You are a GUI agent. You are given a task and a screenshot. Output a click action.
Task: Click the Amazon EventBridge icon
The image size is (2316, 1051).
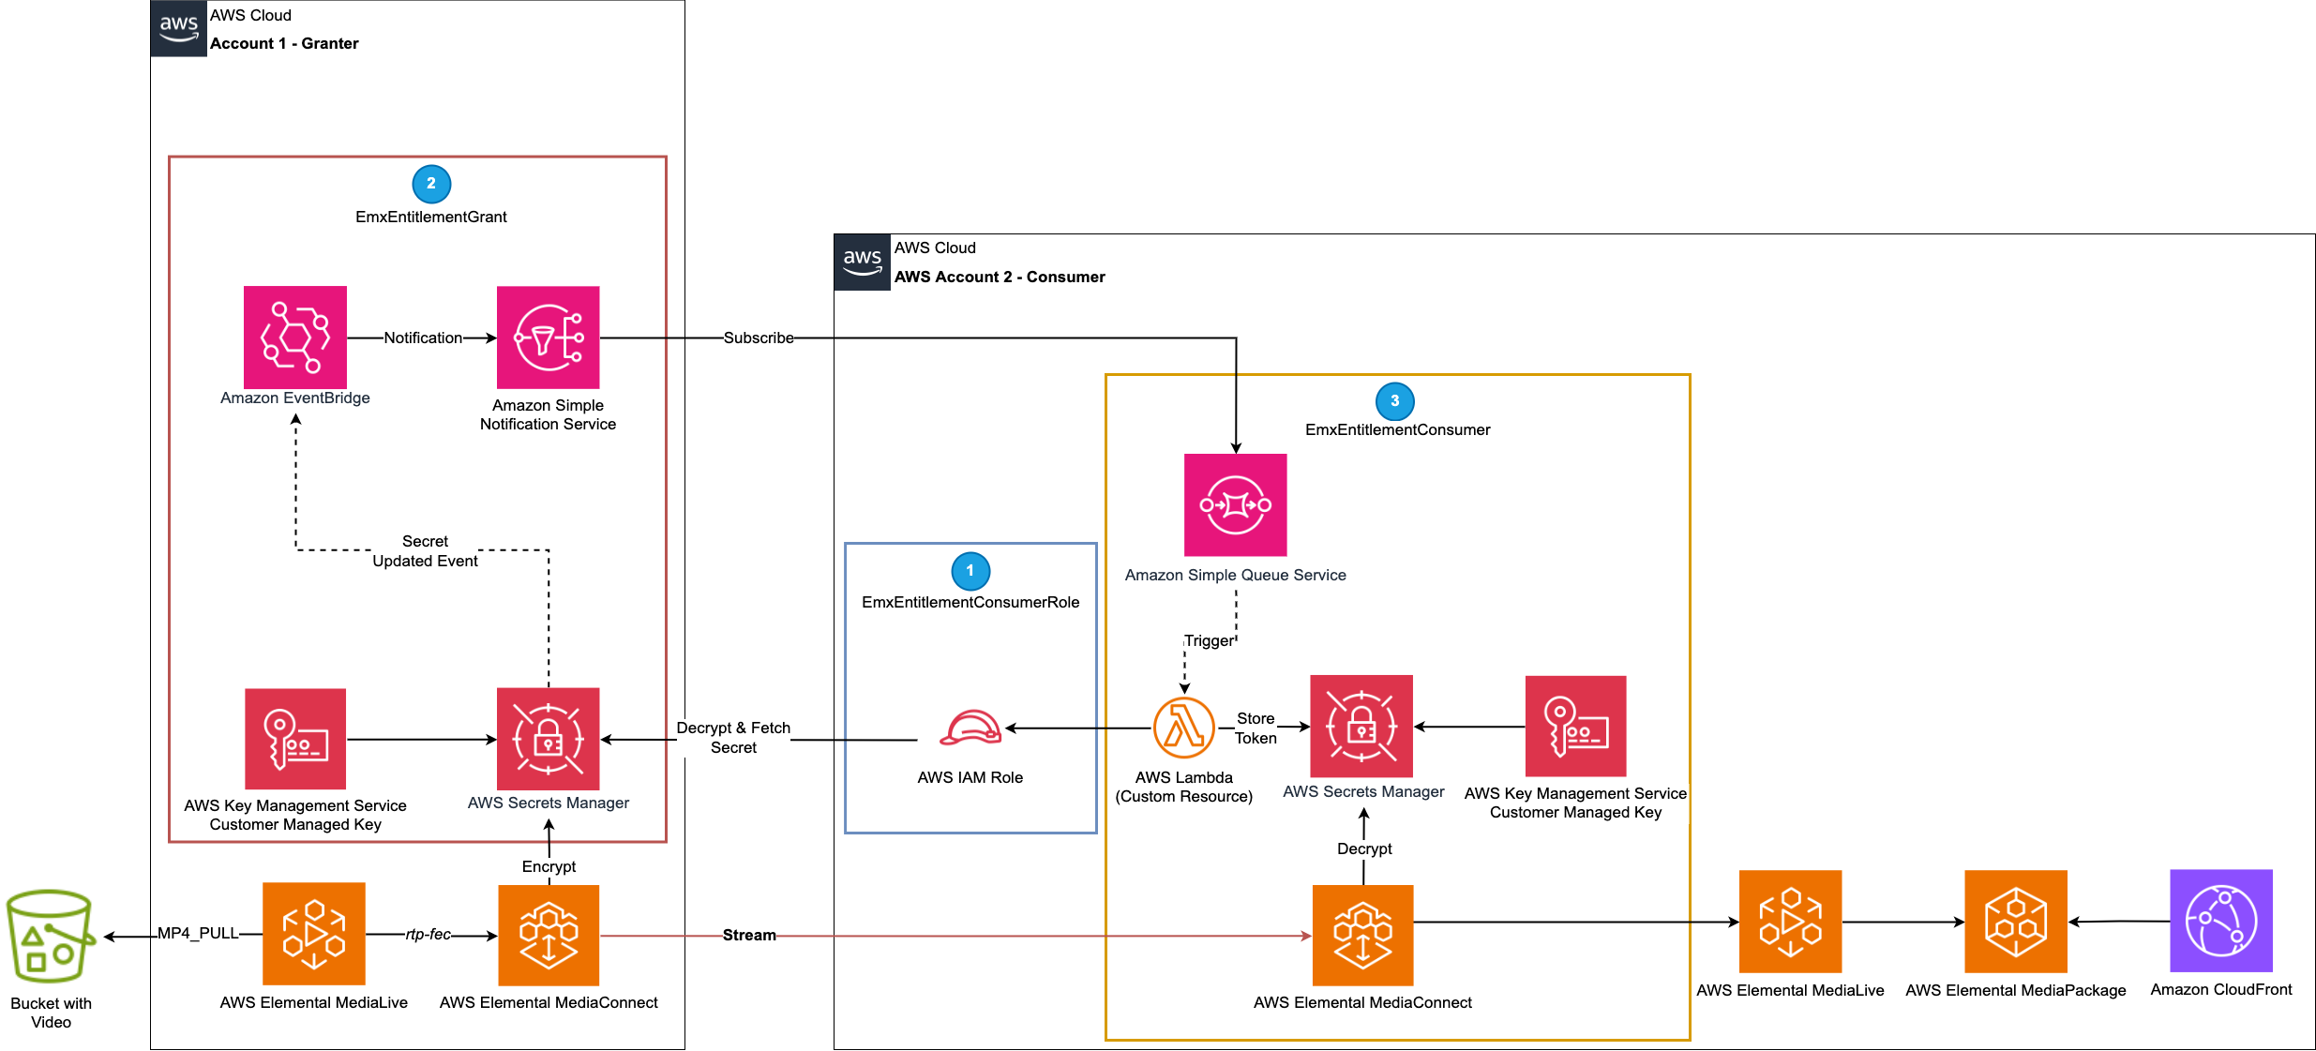pos(295,338)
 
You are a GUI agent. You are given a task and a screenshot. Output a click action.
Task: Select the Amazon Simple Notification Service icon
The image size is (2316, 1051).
pos(548,338)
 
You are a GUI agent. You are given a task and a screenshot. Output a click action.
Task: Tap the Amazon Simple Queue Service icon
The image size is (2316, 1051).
pos(1235,505)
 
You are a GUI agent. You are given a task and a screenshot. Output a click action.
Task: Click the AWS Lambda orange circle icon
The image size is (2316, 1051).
pos(1183,728)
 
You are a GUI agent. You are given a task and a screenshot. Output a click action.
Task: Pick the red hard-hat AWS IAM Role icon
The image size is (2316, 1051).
pos(970,728)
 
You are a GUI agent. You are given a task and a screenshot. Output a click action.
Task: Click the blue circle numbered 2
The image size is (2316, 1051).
pos(431,184)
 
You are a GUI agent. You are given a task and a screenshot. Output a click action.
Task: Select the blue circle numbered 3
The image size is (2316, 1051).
pos(1394,401)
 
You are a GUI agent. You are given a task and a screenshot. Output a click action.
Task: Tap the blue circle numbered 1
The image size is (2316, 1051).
pos(970,571)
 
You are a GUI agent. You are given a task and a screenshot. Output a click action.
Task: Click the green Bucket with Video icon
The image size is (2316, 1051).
pos(51,936)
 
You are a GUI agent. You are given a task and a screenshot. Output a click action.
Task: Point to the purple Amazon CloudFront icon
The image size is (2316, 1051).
pos(2220,921)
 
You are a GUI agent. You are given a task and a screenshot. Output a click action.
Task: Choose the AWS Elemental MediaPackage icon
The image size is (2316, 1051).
pos(2015,921)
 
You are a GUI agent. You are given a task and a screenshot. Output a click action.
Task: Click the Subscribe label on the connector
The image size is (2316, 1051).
pos(758,338)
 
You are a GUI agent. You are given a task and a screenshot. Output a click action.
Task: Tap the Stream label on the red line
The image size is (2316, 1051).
pos(748,935)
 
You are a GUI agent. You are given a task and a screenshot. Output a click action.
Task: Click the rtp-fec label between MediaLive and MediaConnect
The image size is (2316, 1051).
pos(428,934)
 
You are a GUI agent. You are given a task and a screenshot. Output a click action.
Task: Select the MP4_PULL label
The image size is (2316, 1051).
pos(197,933)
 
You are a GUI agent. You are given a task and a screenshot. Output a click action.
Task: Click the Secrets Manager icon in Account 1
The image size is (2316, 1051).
pos(548,739)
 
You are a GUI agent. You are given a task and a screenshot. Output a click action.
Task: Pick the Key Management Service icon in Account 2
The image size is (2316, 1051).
pos(1575,726)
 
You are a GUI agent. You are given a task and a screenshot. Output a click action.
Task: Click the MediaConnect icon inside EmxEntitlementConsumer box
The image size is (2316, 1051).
pos(1362,935)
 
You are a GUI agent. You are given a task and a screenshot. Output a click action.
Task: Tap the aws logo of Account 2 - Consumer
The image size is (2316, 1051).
pos(862,262)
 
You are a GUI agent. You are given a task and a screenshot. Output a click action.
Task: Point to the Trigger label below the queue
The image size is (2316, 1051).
pos(1209,640)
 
